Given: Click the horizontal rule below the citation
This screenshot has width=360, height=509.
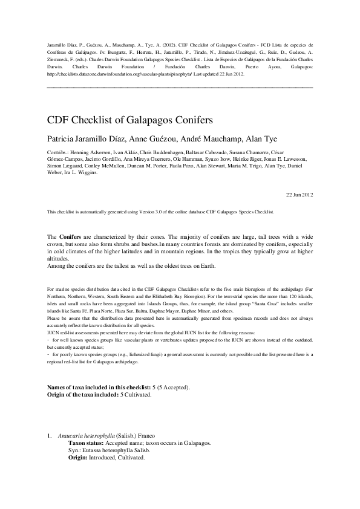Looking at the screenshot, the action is [x=180, y=88].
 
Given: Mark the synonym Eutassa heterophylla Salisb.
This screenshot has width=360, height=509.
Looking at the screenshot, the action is [x=115, y=450].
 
